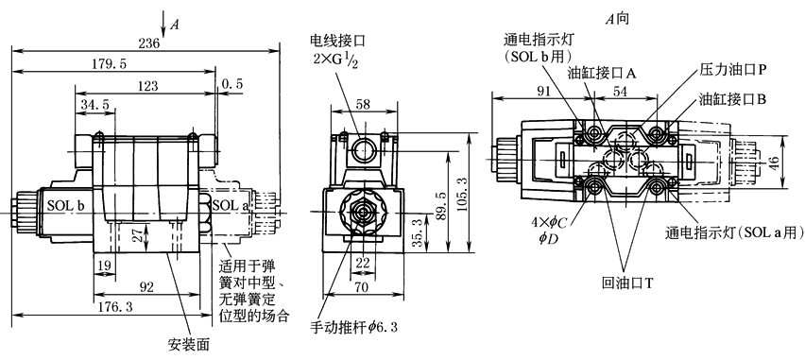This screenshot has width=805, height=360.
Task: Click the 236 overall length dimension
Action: (x=149, y=43)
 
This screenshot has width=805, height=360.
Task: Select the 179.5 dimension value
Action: (x=110, y=63)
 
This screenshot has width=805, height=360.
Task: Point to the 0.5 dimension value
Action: (x=232, y=84)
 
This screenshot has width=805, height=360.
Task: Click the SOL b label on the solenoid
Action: (x=66, y=205)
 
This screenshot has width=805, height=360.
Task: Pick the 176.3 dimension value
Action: (x=115, y=307)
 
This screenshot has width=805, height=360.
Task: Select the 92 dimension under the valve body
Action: (x=146, y=287)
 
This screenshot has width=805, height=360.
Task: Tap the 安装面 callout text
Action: (x=189, y=344)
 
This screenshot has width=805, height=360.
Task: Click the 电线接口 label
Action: (x=337, y=40)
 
